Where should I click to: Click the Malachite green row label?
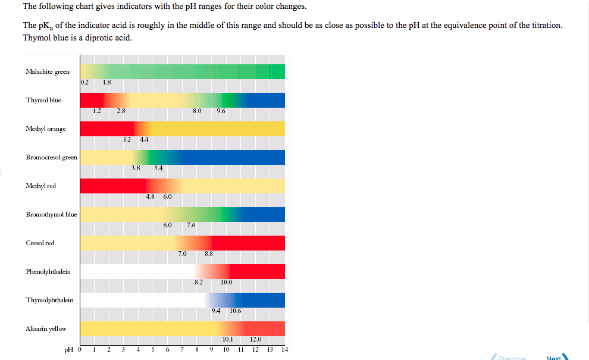tap(48, 71)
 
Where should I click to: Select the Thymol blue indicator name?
tap(43, 100)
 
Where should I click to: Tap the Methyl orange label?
tap(46, 129)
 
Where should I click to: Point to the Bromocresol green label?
tap(51, 157)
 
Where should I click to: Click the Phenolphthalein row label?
tap(48, 271)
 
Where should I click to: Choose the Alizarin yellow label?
tap(46, 328)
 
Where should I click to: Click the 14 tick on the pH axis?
tap(284, 349)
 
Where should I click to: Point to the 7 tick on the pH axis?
tap(182, 349)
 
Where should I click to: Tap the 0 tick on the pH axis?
tap(80, 349)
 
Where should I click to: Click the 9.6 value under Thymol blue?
tap(221, 111)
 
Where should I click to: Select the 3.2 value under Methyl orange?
tap(127, 139)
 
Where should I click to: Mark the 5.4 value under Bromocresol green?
tap(158, 168)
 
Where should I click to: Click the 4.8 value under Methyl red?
tap(150, 196)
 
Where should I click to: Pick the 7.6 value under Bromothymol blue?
tap(191, 225)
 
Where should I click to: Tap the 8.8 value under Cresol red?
tap(209, 253)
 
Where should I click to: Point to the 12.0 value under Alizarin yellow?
tap(255, 339)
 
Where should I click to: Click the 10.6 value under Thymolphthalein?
tap(235, 311)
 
